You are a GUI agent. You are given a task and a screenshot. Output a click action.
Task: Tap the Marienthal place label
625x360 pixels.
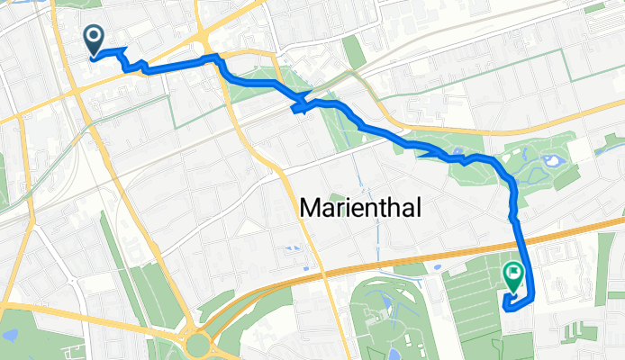tap(358, 209)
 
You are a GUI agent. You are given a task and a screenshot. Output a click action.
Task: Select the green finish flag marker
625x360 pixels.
tap(513, 275)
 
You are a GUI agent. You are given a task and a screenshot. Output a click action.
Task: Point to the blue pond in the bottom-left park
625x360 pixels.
tap(10, 335)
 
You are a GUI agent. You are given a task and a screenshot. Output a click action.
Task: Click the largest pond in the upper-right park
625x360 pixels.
tap(551, 163)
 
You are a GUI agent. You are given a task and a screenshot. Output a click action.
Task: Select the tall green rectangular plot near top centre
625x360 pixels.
tap(354, 51)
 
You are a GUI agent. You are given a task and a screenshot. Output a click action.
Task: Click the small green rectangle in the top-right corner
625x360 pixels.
tap(593, 7)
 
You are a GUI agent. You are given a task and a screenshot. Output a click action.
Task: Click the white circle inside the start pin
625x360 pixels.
tap(94, 36)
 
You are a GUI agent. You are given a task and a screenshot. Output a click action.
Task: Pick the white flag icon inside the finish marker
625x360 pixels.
tap(514, 269)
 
